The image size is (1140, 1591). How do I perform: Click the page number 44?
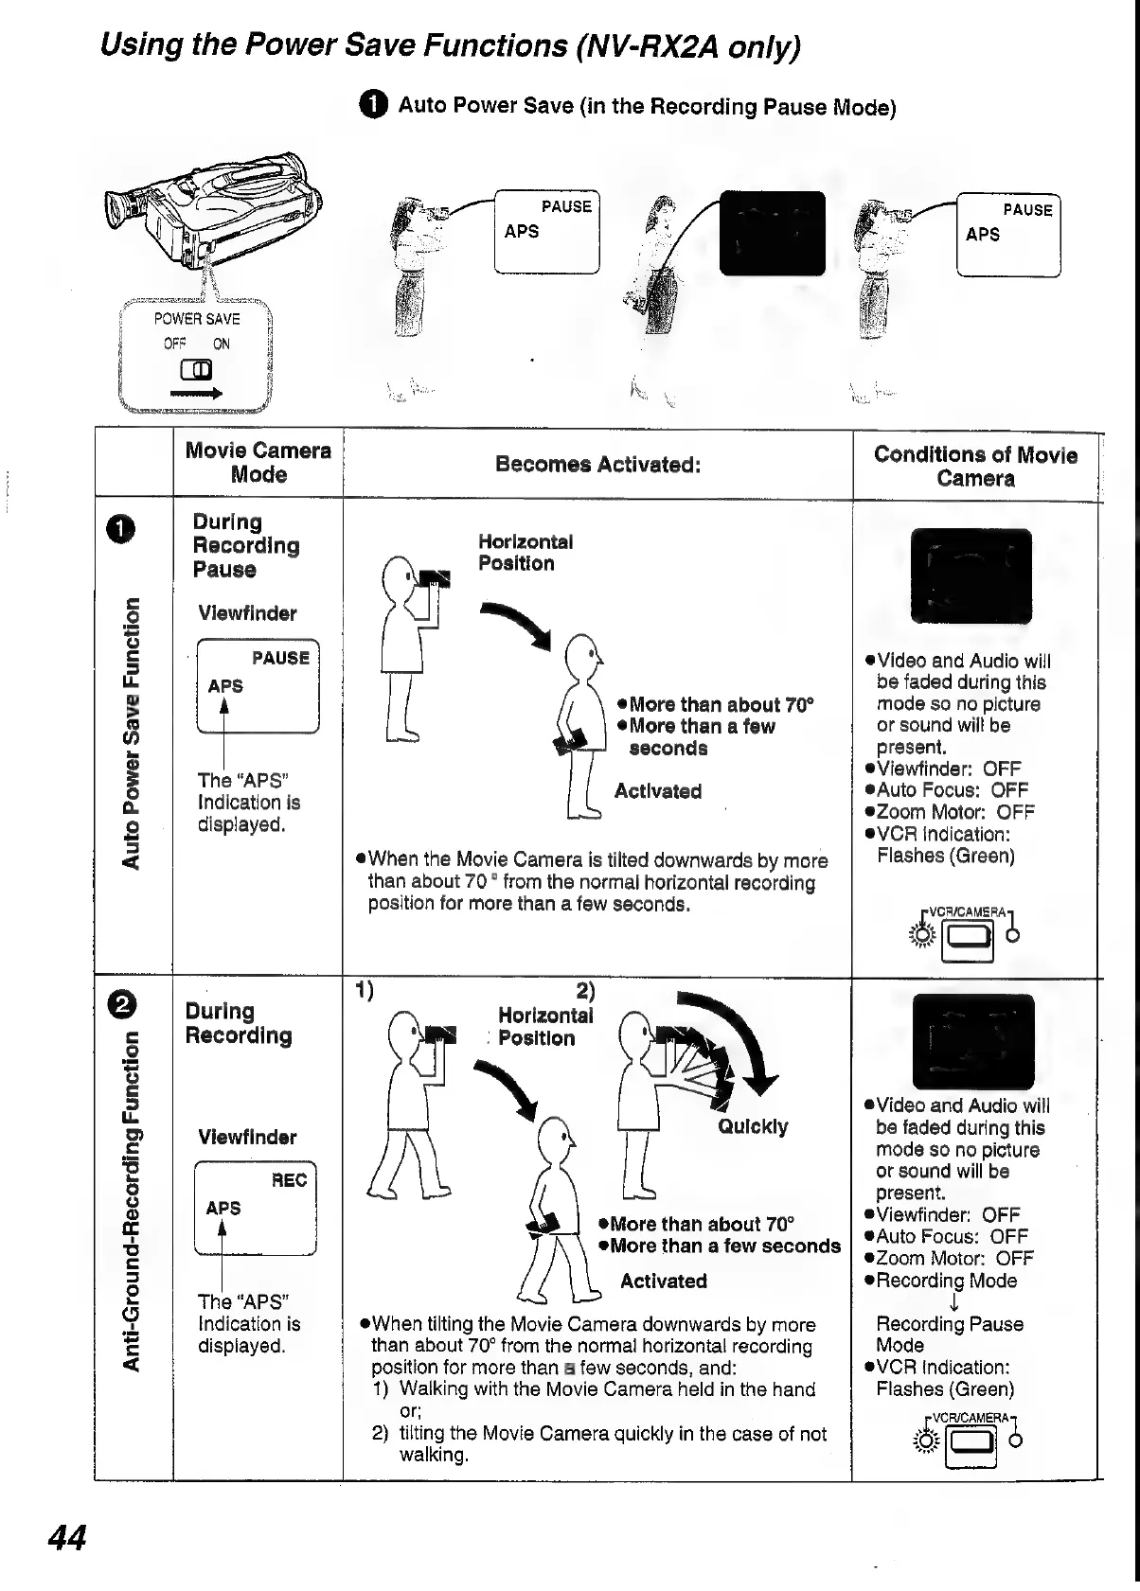pyautogui.click(x=67, y=1537)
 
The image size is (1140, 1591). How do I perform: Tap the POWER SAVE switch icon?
pyautogui.click(x=198, y=369)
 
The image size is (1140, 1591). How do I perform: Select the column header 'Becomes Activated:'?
pyautogui.click(x=597, y=464)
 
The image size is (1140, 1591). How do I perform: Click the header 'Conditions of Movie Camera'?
pyautogui.click(x=975, y=466)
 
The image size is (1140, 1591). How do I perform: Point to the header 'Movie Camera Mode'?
pyautogui.click(x=258, y=463)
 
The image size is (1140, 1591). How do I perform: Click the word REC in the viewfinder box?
pyautogui.click(x=289, y=1179)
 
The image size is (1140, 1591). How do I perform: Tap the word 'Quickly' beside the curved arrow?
pyautogui.click(x=752, y=1126)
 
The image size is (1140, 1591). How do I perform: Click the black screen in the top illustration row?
pyautogui.click(x=772, y=232)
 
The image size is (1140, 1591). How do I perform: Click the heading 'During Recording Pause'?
pyautogui.click(x=245, y=545)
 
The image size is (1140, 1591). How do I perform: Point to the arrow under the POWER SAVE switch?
pyautogui.click(x=196, y=393)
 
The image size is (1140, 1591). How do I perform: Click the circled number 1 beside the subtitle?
pyautogui.click(x=374, y=106)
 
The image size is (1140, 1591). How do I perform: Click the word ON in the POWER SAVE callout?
pyautogui.click(x=221, y=344)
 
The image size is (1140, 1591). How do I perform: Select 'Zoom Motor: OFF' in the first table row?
pyautogui.click(x=954, y=812)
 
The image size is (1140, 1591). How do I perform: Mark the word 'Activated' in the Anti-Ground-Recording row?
pyautogui.click(x=663, y=1281)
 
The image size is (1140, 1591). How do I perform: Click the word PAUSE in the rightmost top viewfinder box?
pyautogui.click(x=1027, y=210)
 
